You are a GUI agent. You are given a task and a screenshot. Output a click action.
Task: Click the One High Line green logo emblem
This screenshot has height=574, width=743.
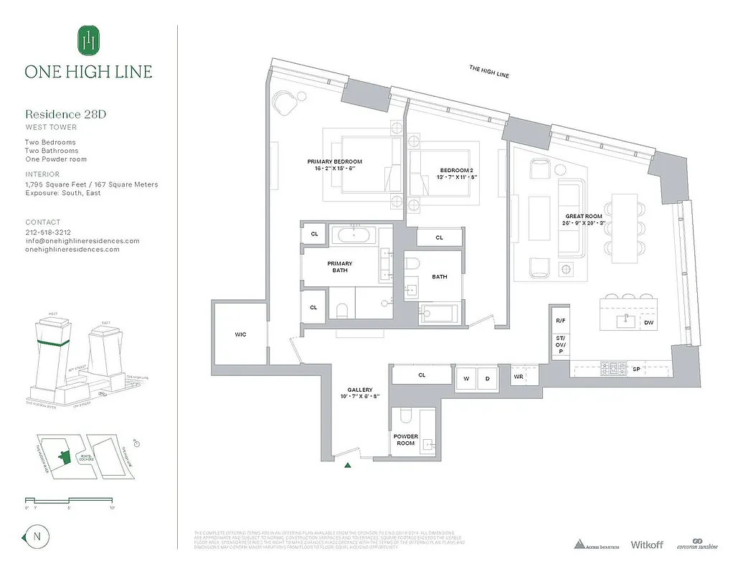click(88, 39)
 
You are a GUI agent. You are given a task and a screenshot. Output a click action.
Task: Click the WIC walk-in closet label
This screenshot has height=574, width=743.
click(240, 334)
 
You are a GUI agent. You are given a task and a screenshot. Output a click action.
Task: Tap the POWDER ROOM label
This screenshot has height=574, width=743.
click(405, 439)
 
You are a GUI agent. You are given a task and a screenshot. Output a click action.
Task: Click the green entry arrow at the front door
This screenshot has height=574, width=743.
click(348, 466)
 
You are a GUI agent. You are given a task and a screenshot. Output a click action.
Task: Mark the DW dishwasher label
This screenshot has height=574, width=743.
click(648, 324)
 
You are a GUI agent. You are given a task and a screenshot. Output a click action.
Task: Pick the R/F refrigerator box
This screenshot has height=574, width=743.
click(560, 321)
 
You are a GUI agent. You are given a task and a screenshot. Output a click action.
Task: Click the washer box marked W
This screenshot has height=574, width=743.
click(465, 378)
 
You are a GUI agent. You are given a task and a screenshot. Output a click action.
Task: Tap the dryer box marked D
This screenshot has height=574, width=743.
click(487, 378)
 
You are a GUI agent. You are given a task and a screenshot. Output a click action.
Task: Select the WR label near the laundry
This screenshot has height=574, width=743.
click(518, 376)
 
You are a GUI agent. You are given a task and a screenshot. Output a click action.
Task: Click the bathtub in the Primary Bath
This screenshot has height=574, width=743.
click(356, 235)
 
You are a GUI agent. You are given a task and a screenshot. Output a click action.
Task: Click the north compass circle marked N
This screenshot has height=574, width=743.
click(35, 536)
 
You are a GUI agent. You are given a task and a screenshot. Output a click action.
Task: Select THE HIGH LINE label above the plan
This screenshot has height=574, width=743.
click(489, 71)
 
